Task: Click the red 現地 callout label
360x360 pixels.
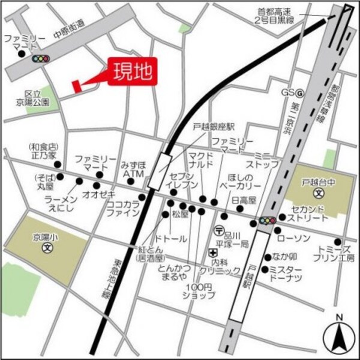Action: [133, 73]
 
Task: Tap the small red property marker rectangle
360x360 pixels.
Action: [76, 86]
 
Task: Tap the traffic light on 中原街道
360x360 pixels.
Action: [41, 58]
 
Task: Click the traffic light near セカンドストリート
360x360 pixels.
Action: [267, 221]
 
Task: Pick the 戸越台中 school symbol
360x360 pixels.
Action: [319, 193]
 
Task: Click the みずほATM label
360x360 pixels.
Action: [132, 169]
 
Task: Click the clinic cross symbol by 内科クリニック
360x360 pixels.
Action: [212, 252]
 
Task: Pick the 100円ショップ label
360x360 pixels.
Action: [200, 290]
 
